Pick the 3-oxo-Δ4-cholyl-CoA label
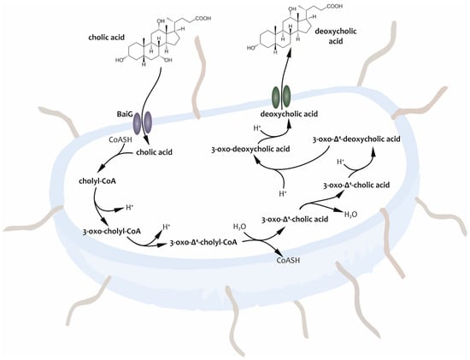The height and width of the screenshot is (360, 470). tap(203, 244)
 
